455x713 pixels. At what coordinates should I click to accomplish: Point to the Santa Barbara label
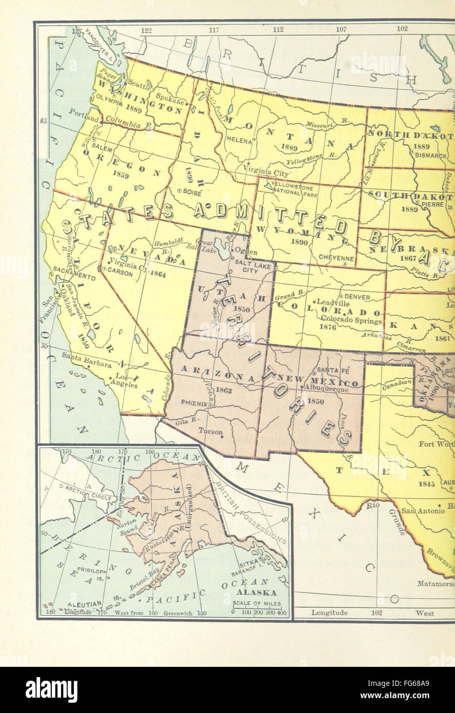[x=86, y=365]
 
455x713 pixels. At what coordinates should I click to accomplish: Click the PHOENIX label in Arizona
[x=194, y=404]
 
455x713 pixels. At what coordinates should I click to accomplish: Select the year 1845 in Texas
[x=426, y=484]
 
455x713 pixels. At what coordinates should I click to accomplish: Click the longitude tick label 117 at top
[x=214, y=30]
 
